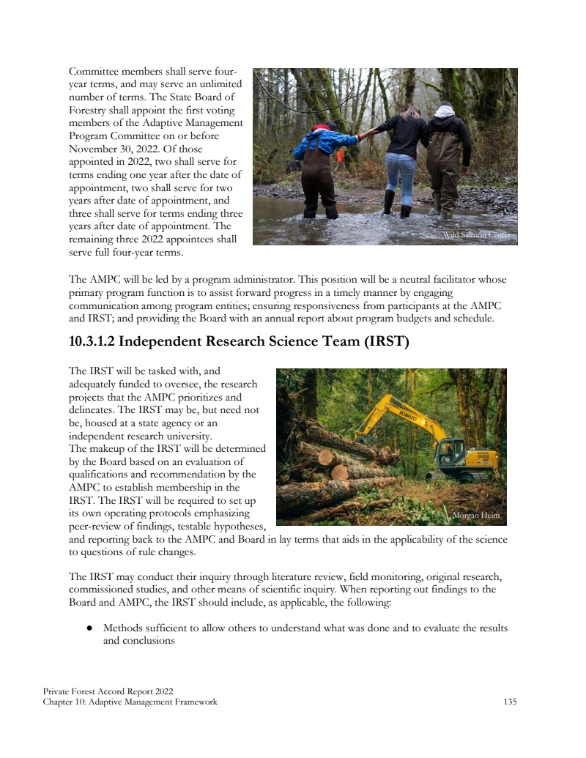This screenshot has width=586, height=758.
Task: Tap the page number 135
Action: pyautogui.click(x=510, y=702)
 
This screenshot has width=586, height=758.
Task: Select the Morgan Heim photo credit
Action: pyautogui.click(x=476, y=516)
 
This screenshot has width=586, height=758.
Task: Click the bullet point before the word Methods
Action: pyautogui.click(x=88, y=628)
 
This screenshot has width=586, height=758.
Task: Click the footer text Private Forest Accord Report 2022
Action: pyautogui.click(x=108, y=691)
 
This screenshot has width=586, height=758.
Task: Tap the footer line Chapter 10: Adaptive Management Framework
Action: pyautogui.click(x=130, y=702)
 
